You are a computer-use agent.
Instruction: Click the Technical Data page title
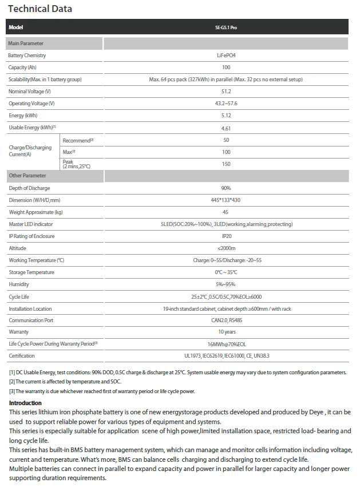point(40,9)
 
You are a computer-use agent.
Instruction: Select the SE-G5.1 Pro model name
point(226,27)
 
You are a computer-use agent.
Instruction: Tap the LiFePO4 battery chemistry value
point(226,56)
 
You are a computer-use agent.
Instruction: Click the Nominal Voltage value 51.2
point(226,92)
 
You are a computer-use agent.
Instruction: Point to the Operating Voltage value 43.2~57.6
point(226,104)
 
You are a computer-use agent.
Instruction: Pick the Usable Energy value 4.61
point(226,128)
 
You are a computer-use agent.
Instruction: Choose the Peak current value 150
point(226,164)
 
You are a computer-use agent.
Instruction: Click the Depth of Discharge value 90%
point(226,188)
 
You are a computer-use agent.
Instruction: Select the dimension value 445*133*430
point(226,200)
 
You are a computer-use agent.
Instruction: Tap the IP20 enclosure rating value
point(226,236)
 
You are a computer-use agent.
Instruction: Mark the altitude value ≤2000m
point(226,248)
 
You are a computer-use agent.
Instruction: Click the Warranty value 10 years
point(226,332)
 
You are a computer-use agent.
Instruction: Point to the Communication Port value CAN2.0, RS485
point(226,320)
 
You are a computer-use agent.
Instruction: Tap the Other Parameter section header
point(27,176)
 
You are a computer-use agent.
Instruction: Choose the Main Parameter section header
point(26,43)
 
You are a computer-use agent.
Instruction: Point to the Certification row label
point(22,356)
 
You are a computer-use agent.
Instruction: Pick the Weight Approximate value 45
point(226,212)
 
